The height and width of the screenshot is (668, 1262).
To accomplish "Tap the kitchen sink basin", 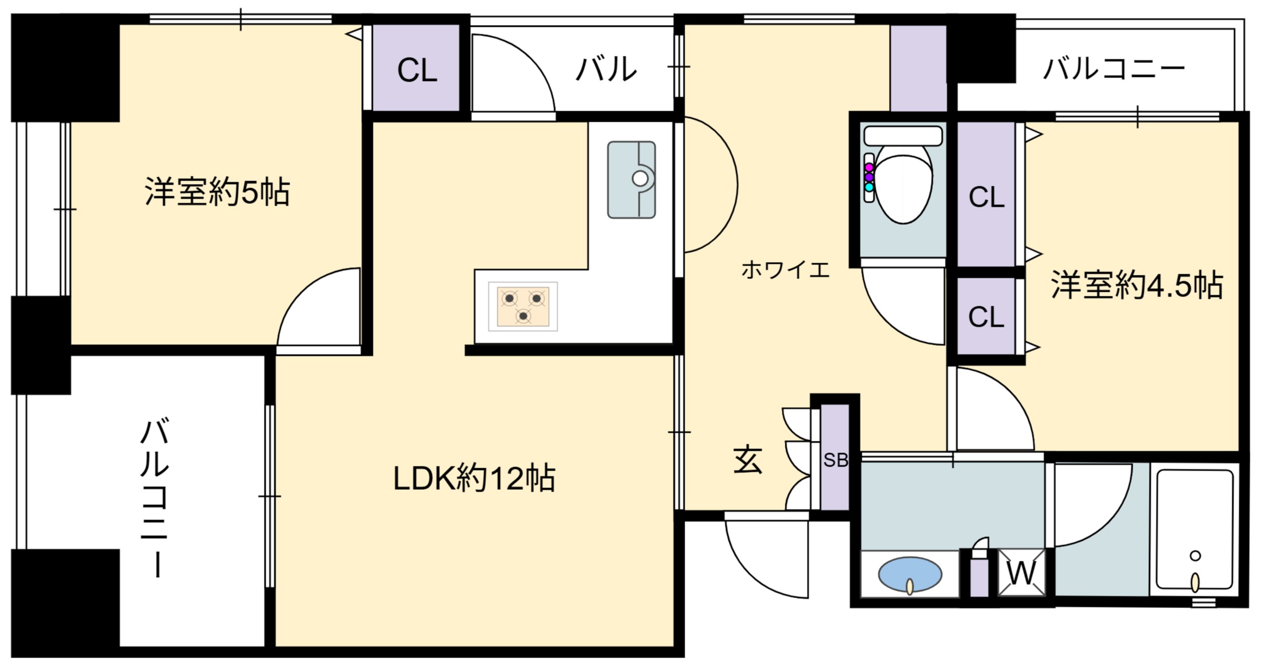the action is [x=632, y=180].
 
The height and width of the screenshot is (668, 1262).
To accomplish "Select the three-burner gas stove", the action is [x=523, y=306].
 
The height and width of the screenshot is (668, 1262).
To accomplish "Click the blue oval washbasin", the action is [x=910, y=574].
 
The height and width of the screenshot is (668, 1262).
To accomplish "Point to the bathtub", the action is [x=1195, y=530].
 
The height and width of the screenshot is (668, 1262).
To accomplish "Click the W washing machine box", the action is [x=1022, y=573].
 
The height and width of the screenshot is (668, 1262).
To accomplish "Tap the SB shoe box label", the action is [x=836, y=460].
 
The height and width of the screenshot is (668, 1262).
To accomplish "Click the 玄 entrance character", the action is [x=748, y=460].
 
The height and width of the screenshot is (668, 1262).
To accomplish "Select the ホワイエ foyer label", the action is [x=785, y=269].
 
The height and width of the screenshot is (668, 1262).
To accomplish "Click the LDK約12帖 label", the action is [x=474, y=478].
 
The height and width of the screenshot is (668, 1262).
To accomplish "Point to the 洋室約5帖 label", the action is [x=217, y=192].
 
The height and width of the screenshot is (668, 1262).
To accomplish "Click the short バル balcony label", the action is [x=606, y=69].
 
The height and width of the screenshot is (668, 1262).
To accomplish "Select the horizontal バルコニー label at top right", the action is [x=1113, y=69].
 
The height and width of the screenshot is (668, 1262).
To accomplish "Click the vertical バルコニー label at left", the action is [x=156, y=499].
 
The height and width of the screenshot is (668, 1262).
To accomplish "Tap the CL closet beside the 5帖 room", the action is [x=417, y=68].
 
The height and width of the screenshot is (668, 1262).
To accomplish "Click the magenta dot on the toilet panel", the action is [x=869, y=167].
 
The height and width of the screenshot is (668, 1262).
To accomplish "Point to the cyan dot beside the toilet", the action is [x=869, y=187].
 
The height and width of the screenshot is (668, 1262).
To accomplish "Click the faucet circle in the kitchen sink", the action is [x=640, y=179].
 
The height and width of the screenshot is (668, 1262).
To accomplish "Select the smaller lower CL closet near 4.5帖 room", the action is [x=986, y=316].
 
